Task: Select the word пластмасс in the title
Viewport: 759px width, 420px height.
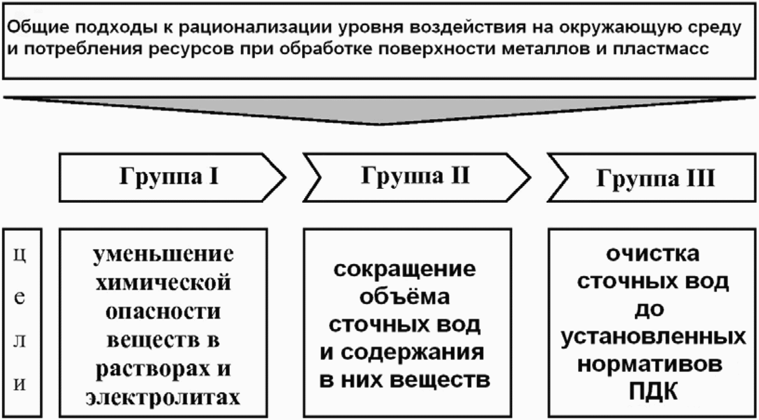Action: [660, 48]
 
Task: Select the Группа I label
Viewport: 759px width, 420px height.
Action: [169, 176]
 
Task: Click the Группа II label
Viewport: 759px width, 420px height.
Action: [415, 176]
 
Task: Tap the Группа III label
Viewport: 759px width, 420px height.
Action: [655, 178]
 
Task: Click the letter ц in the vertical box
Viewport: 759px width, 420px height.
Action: [20, 254]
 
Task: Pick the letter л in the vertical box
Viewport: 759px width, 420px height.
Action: [20, 340]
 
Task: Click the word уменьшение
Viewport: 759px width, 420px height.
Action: [163, 253]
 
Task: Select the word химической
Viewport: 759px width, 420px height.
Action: [163, 282]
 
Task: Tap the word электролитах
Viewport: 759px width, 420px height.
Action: [163, 397]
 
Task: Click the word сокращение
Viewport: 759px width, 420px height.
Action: [404, 269]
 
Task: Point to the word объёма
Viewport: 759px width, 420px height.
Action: [404, 296]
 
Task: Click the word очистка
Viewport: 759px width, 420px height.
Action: [652, 254]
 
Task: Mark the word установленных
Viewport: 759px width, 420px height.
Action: [653, 337]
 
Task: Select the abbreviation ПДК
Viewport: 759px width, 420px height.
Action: [653, 391]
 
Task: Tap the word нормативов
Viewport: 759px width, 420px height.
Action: [650, 365]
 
